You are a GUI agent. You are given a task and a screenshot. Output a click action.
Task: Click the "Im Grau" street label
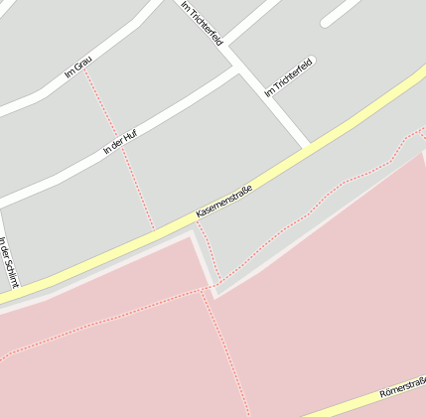[77, 68]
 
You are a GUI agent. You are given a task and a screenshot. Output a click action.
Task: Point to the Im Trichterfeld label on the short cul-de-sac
[289, 76]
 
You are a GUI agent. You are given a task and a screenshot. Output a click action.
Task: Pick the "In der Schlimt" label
[8, 262]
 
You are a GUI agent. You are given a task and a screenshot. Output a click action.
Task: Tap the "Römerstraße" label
[403, 386]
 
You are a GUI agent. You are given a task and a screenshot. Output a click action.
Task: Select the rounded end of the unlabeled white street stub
[326, 22]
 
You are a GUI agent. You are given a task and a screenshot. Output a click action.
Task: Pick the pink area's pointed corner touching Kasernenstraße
[191, 234]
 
